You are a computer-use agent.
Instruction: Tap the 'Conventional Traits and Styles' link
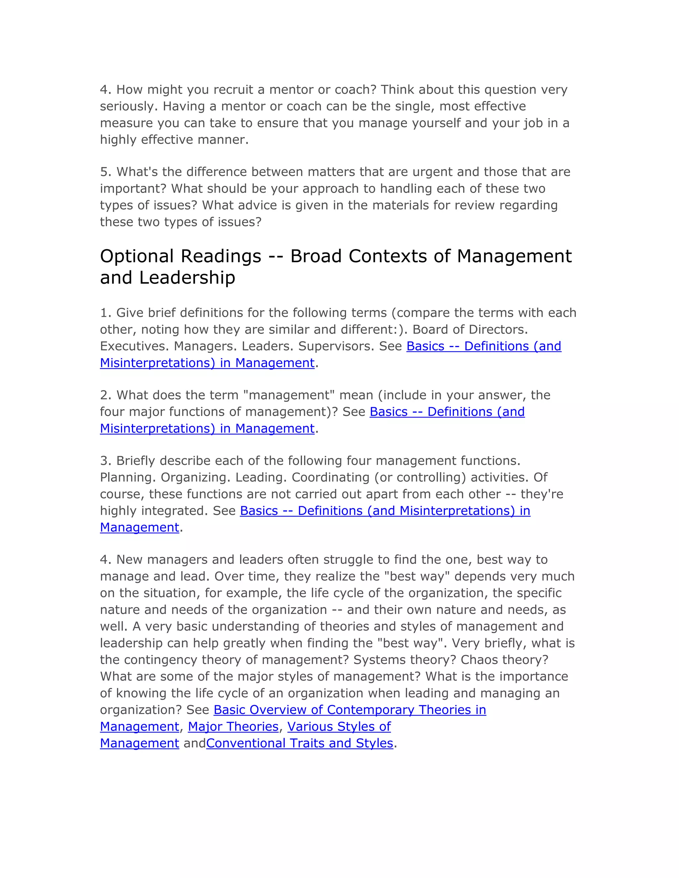pos(299,743)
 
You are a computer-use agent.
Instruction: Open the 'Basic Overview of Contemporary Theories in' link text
pos(349,710)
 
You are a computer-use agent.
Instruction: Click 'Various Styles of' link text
pos(339,727)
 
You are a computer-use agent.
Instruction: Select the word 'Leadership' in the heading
pos(187,277)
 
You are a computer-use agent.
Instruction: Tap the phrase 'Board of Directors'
pos(470,330)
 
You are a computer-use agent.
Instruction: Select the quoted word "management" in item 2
pos(289,395)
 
